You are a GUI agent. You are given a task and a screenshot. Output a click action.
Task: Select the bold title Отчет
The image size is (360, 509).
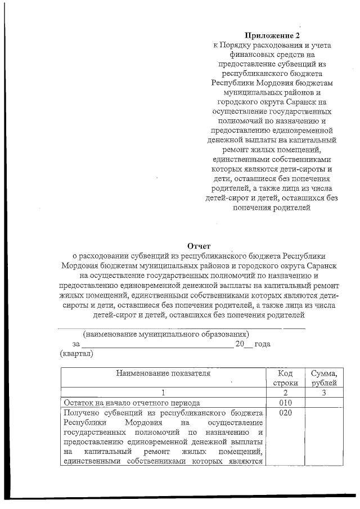198,245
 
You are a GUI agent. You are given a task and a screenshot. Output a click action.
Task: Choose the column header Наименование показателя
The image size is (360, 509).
163,373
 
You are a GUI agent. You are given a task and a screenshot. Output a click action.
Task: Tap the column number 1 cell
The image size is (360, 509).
163,393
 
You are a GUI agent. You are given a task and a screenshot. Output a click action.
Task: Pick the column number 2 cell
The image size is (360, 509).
285,393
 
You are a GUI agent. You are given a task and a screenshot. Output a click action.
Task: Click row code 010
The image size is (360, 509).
285,403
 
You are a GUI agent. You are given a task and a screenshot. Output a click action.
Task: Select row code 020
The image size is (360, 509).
285,413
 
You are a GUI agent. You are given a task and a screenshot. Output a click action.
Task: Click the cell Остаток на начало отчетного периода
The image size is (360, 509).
132,403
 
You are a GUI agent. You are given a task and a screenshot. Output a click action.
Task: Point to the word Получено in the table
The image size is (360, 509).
83,413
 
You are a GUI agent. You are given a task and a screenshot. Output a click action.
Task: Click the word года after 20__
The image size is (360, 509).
263,344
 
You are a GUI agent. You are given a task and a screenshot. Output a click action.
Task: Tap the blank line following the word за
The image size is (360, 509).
157,345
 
